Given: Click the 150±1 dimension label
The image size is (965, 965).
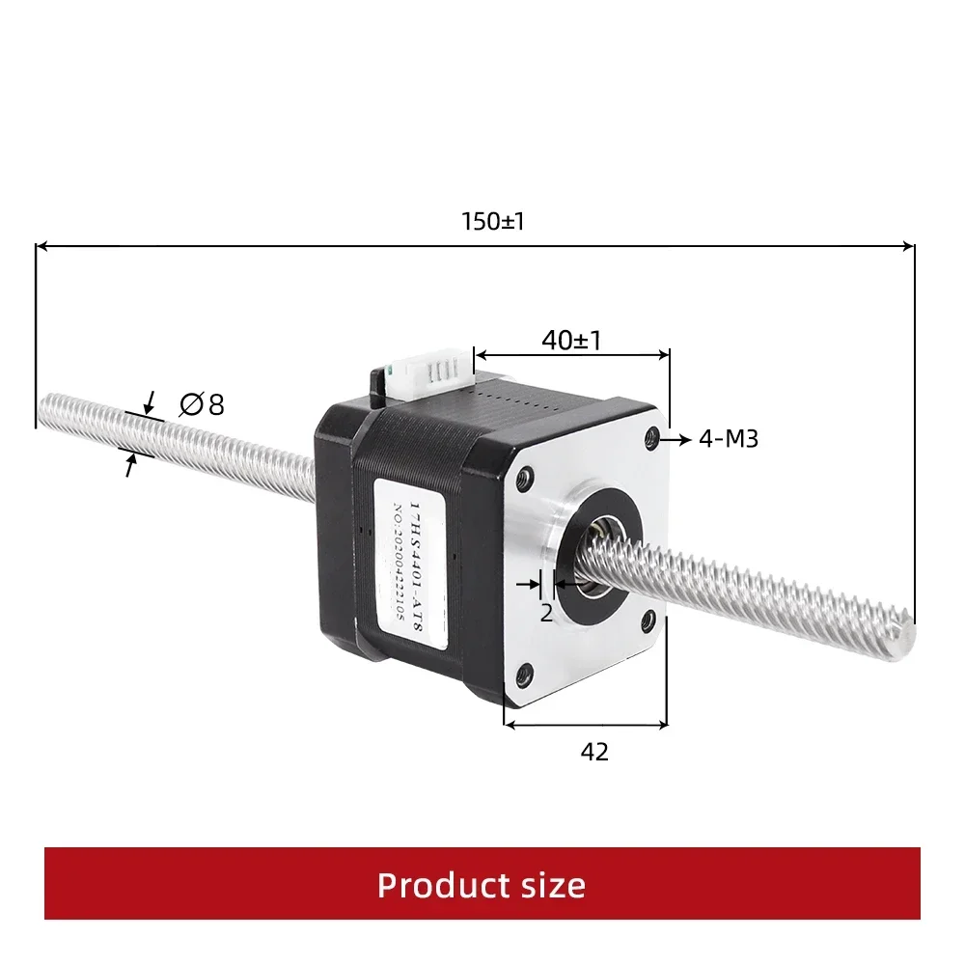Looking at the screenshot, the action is pos(493,222).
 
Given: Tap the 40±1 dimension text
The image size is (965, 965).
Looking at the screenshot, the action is pos(571,340).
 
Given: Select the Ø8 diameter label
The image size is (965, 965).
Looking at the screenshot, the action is pos(202,404).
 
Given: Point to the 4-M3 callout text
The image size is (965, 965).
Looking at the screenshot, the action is pos(729,439).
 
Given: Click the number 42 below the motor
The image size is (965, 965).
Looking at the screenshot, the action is pos(594,752).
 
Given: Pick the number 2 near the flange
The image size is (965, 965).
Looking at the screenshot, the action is pos(546,613).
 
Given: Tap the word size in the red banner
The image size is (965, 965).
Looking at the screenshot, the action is pos(550,885).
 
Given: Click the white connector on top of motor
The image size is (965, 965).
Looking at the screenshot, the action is pos(429,378).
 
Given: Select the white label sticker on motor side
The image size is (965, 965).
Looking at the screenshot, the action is pos(409,564).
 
